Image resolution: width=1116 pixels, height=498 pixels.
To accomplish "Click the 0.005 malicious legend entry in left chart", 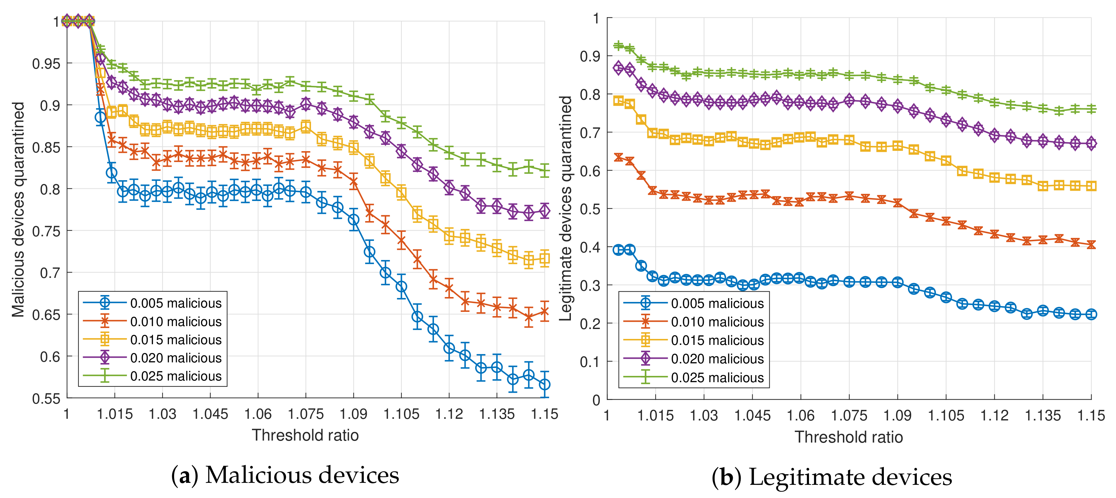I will click(x=175, y=303).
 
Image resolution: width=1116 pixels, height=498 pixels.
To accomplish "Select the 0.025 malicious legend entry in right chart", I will click(x=717, y=378).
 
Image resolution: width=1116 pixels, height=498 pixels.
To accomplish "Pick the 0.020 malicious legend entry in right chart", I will click(x=717, y=359).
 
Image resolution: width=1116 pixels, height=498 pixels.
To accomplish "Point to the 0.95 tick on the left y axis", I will click(x=46, y=64).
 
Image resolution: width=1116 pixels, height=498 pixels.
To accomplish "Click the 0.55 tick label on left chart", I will click(x=46, y=398).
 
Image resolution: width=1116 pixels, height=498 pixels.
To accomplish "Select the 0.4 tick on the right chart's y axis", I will click(x=590, y=247).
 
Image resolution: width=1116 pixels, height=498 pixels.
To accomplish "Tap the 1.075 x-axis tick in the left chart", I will click(x=305, y=414).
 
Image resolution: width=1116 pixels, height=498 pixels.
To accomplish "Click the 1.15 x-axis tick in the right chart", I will click(x=1091, y=415).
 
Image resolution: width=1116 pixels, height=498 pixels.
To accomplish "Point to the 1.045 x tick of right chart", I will click(x=752, y=415).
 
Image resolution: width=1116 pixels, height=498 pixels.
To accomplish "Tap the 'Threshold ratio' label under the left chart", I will click(x=305, y=435).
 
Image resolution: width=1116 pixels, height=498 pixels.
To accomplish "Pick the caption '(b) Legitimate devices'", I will click(x=832, y=477).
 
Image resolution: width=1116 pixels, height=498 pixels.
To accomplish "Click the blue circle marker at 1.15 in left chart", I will click(x=544, y=384).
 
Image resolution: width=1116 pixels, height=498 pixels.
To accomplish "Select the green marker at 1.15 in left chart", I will click(x=544, y=170).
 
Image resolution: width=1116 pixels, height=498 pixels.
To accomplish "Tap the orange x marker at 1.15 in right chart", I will click(x=1091, y=245).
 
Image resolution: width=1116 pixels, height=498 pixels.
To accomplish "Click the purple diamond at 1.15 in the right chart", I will click(x=1091, y=144).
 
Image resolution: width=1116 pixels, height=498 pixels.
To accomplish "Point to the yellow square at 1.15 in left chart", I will click(x=544, y=259).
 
